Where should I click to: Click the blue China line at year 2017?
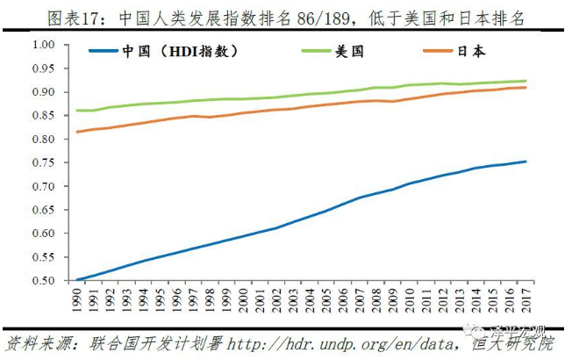pyautogui.click(x=526, y=162)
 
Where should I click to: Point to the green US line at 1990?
pyautogui.click(x=79, y=110)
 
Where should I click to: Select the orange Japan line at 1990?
pyautogui.click(x=79, y=132)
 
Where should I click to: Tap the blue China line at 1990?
pyautogui.click(x=79, y=280)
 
